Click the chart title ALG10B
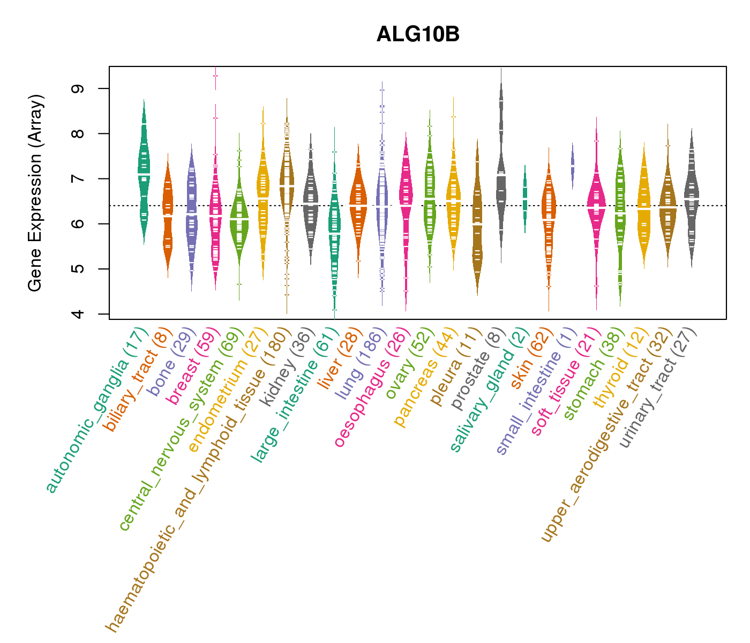[418, 35]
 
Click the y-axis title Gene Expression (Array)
[35, 193]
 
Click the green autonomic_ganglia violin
[144, 171]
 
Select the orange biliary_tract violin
[168, 214]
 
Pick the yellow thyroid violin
[644, 209]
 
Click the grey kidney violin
[310, 204]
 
